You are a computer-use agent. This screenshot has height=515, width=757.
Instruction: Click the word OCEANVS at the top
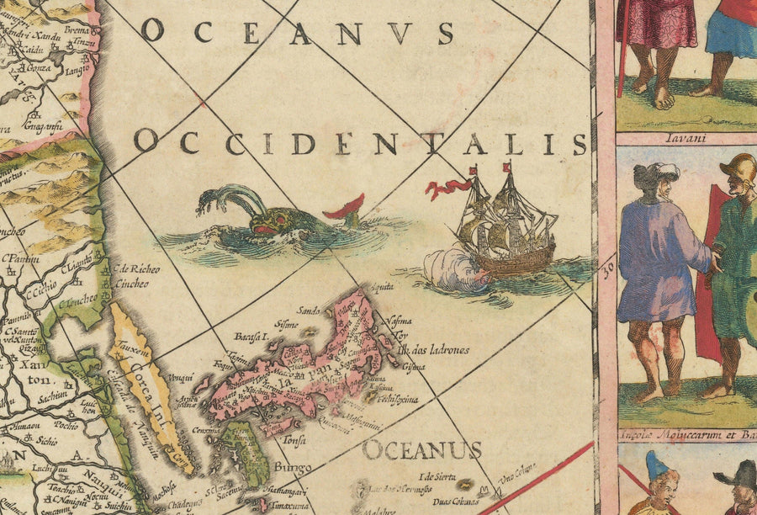point(298,32)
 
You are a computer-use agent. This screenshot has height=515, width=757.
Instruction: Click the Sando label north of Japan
point(309,310)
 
